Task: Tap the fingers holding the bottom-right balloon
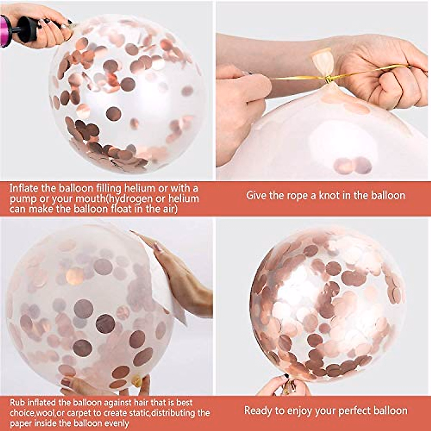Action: click(273, 386)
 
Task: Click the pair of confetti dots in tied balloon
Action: click(352, 165)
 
